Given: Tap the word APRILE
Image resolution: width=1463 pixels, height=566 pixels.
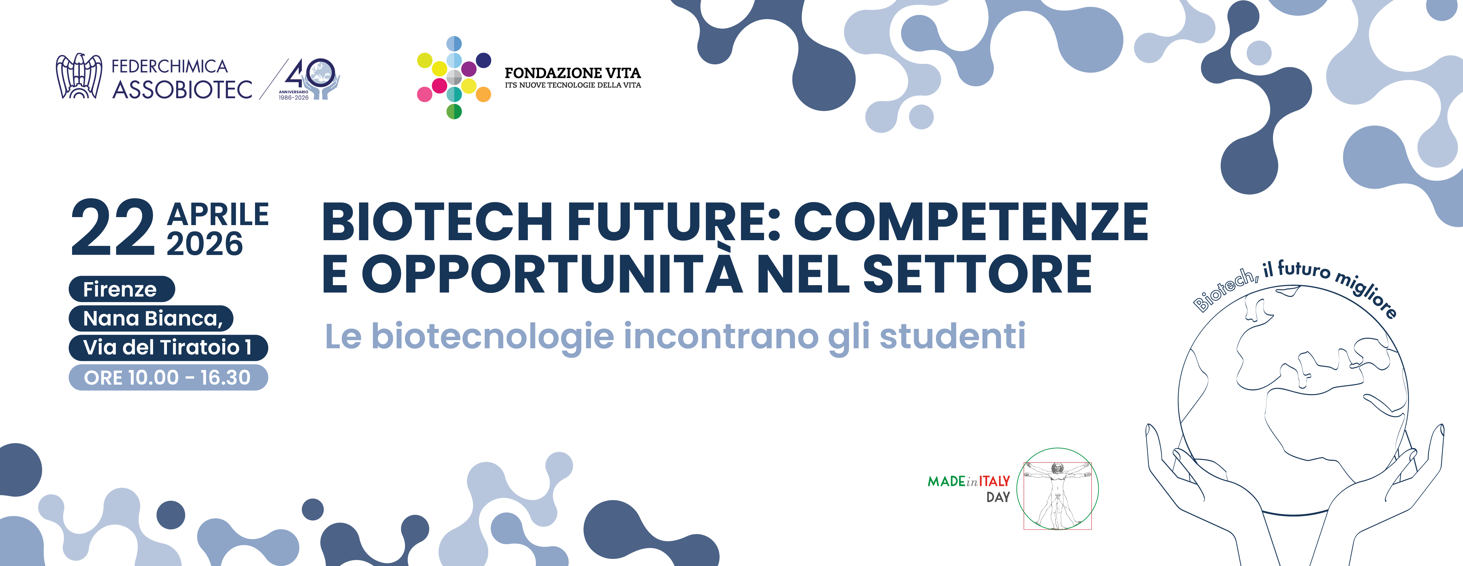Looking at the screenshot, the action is point(217,215).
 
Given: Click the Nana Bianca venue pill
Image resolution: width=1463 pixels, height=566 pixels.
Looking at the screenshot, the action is point(151,318).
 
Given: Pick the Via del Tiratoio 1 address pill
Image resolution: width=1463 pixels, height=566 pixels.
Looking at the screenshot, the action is point(168,347).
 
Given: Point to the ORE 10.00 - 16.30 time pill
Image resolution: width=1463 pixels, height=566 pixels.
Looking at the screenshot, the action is point(168,378).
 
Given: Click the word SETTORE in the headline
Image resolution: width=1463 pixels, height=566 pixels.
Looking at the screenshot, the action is point(977,274).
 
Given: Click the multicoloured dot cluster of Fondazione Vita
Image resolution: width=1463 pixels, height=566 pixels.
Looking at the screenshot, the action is point(454,78).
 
